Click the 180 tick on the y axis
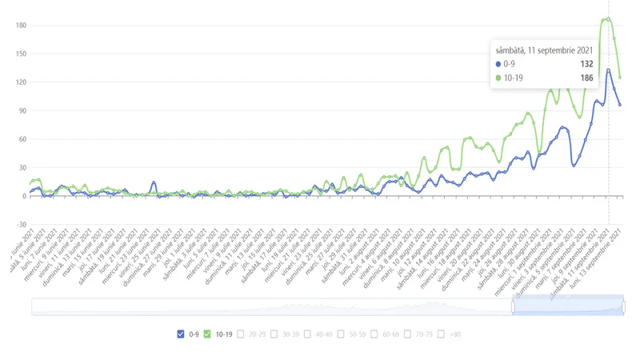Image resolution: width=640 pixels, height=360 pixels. (22, 26)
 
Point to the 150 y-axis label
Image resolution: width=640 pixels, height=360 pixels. (22, 54)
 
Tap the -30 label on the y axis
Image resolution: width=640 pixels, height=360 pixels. (22, 224)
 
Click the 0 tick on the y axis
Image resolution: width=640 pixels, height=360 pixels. (25, 196)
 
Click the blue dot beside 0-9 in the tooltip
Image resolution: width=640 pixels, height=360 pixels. (498, 63)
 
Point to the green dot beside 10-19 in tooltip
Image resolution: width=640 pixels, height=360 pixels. (498, 78)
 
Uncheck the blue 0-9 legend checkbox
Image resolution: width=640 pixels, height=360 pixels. (180, 334)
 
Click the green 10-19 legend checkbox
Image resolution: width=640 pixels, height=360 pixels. (207, 334)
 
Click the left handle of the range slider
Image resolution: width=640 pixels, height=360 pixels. (513, 306)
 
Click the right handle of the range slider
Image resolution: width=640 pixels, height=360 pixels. (623, 306)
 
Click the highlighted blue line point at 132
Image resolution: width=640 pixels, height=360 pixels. (609, 70)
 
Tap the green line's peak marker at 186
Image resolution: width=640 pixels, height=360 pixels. (609, 18)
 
